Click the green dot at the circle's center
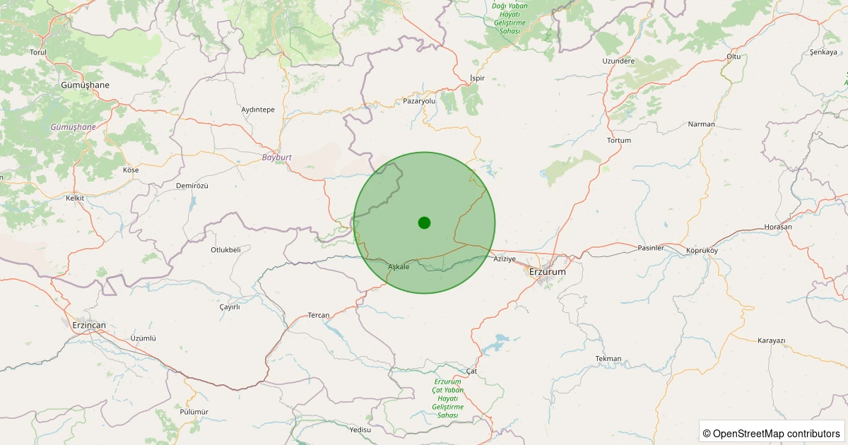[x=424, y=222]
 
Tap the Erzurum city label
[x=548, y=271]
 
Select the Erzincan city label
[x=88, y=325]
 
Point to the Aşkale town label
[x=399, y=266]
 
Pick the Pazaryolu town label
[x=420, y=101]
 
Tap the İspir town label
[x=478, y=78]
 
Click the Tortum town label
[x=619, y=140]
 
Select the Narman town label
[x=701, y=124]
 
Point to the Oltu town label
[x=734, y=56]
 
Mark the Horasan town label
[x=778, y=227]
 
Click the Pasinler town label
[x=651, y=248]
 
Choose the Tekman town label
[x=608, y=358]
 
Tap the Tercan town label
[x=319, y=315]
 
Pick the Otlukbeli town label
[x=225, y=249]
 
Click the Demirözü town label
[x=192, y=185]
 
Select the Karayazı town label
[x=772, y=340]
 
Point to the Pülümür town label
[x=194, y=411]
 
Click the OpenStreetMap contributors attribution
[x=772, y=433]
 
